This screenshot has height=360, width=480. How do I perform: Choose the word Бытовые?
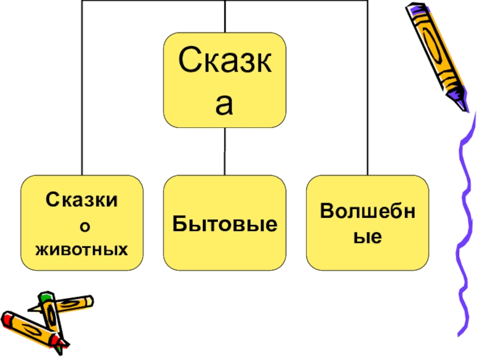(225, 224)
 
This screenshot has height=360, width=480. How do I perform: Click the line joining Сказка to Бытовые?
(226, 151)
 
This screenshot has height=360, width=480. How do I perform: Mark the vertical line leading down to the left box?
(82, 90)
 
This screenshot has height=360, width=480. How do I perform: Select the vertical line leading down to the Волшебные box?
(368, 90)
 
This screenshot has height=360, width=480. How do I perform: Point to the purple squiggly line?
(465, 240)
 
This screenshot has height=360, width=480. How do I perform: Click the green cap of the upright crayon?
(46, 297)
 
